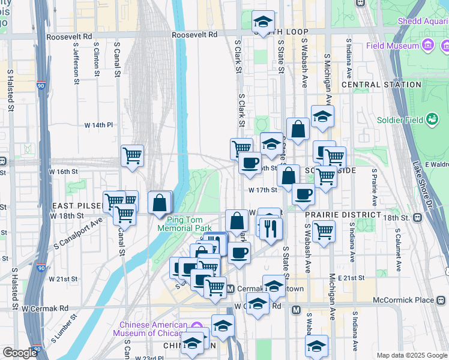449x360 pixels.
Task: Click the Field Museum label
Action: pos(394,46)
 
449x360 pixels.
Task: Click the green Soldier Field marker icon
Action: pos(432,119)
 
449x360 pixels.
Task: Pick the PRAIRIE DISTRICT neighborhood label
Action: pos(343,214)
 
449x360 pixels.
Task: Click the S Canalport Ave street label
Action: pos(77,233)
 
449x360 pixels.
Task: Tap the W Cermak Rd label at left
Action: pos(45,308)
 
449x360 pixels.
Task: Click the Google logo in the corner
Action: pos(20,353)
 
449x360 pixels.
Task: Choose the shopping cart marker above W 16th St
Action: pos(132,156)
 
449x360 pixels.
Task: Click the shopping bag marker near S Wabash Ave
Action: pos(298,129)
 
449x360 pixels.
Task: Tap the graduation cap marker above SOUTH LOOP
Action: pos(262,22)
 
